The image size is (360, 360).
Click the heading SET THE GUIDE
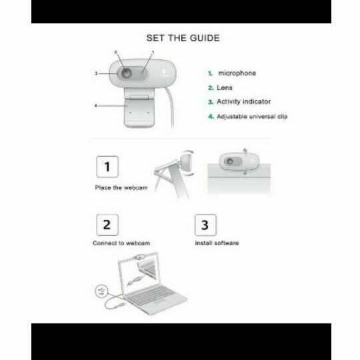click(183, 38)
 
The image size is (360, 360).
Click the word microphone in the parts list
click(237, 73)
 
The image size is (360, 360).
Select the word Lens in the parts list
click(225, 88)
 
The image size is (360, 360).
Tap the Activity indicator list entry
click(243, 101)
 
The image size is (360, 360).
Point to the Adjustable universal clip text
click(252, 117)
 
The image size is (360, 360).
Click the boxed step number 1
click(107, 167)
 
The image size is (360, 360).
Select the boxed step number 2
click(107, 225)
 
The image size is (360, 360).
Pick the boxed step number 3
click(205, 225)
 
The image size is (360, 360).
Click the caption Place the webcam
click(121, 188)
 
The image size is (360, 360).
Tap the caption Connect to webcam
click(121, 243)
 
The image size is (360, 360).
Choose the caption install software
click(217, 243)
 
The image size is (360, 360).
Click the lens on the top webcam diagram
click(126, 73)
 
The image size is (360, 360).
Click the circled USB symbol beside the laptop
click(101, 291)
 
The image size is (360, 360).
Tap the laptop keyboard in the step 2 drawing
click(151, 295)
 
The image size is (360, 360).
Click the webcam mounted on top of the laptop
click(139, 257)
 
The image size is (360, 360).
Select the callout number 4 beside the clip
click(96, 105)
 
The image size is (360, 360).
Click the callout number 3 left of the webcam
click(96, 73)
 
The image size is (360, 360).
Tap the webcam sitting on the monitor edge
click(239, 161)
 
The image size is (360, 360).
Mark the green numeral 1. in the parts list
click(210, 73)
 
